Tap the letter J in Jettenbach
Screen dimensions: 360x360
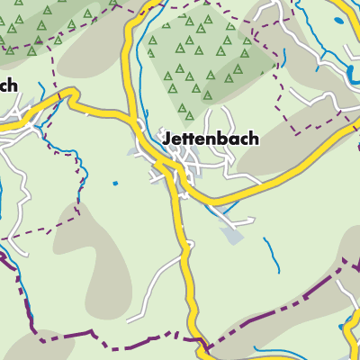[x=166, y=139]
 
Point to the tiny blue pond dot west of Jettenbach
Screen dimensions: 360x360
[x=115, y=184]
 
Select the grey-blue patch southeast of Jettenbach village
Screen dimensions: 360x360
[x=232, y=235]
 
